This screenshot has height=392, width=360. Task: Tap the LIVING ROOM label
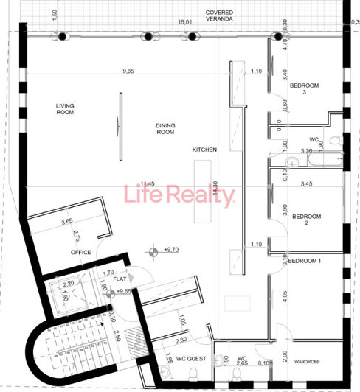pyautogui.click(x=66, y=109)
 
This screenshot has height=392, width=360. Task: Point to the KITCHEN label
pyautogui.click(x=204, y=150)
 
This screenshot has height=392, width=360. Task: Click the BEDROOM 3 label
pyautogui.click(x=304, y=90)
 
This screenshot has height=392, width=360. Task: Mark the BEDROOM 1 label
pyautogui.click(x=305, y=261)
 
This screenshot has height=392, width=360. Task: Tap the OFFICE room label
pyautogui.click(x=81, y=252)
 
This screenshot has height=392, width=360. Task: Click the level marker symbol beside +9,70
pyautogui.click(x=153, y=253)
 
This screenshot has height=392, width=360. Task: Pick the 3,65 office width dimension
pyautogui.click(x=66, y=221)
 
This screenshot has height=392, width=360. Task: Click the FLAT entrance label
pyautogui.click(x=120, y=279)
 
